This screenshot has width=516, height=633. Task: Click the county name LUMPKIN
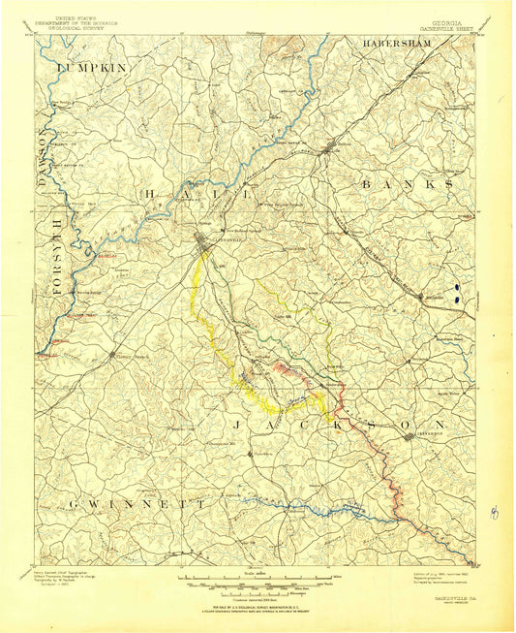(x=93, y=68)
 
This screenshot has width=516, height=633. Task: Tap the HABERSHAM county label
(x=408, y=45)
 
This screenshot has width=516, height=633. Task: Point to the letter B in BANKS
(x=367, y=183)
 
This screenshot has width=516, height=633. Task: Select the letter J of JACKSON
(x=237, y=425)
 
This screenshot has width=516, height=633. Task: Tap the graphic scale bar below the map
(x=257, y=583)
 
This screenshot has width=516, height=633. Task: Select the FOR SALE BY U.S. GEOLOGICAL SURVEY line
(x=257, y=604)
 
